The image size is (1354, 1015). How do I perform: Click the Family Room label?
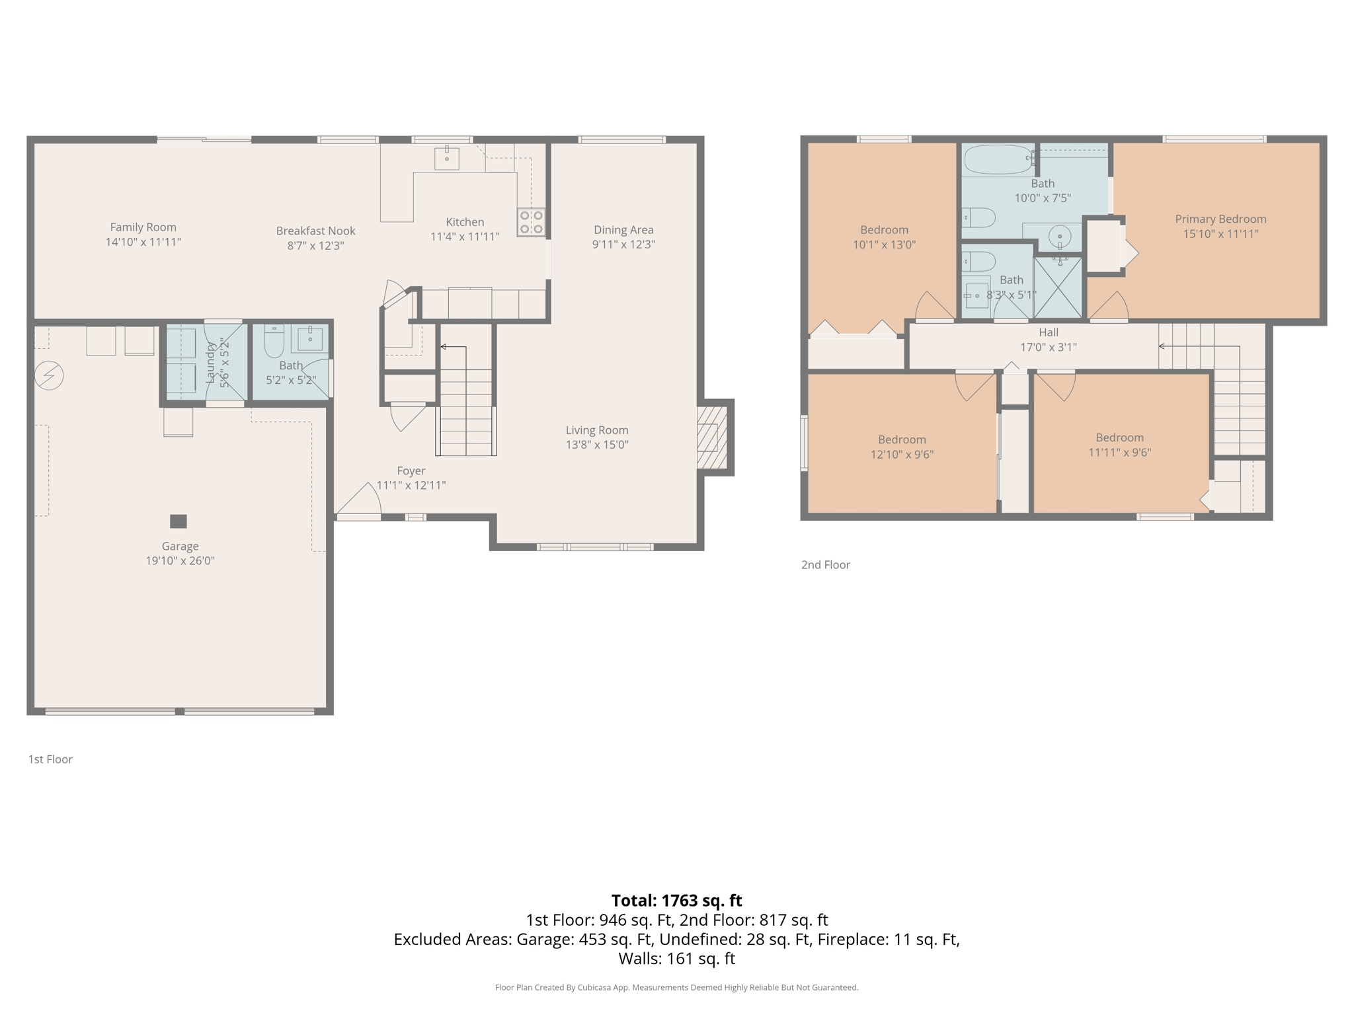[143, 227]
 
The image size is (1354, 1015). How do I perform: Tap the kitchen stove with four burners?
[531, 222]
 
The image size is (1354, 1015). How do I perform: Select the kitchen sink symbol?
[447, 159]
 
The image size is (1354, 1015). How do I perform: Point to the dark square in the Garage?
[179, 521]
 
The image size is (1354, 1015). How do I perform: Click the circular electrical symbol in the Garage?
[49, 375]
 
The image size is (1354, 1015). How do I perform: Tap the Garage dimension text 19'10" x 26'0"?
[180, 561]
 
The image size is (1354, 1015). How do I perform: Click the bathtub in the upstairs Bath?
[998, 159]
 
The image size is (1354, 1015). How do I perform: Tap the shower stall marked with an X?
[1058, 287]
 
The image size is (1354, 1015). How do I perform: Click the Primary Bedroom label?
[1220, 219]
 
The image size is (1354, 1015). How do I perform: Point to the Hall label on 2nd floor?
[1049, 332]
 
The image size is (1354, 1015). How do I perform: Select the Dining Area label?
[623, 230]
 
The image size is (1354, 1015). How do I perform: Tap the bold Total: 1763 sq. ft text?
[676, 901]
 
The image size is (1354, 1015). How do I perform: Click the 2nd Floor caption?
[825, 565]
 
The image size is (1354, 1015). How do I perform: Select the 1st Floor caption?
[50, 759]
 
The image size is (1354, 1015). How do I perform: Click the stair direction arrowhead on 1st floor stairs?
[444, 347]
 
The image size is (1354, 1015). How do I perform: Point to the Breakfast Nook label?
[315, 231]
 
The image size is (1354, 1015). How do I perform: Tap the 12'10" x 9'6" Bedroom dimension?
[902, 455]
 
